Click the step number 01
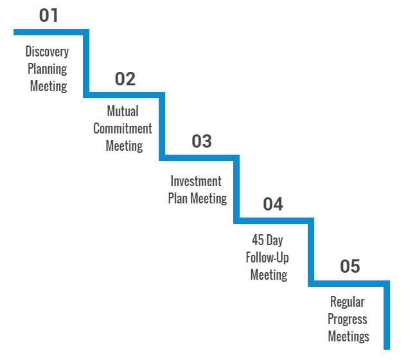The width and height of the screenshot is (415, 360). (x=48, y=15)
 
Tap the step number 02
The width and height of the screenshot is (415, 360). (x=125, y=79)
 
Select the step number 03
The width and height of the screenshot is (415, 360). (x=202, y=141)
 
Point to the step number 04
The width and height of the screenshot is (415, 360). (x=273, y=204)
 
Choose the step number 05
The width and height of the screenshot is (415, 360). (x=350, y=266)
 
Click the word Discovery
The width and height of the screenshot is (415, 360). (x=47, y=52)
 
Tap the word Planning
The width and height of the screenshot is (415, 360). (x=48, y=69)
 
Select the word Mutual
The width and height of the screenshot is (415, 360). (x=123, y=111)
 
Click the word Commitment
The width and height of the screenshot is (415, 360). (x=123, y=129)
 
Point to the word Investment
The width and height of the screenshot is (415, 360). (x=196, y=182)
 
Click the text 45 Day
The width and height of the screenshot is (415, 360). (x=267, y=241)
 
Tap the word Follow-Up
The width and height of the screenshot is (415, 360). (x=267, y=258)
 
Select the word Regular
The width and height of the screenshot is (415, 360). (x=348, y=302)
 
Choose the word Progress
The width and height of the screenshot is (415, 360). (x=348, y=320)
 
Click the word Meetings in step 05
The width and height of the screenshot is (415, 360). (x=349, y=337)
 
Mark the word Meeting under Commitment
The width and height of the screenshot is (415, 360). (x=124, y=146)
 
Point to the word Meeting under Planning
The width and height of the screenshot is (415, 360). (x=48, y=87)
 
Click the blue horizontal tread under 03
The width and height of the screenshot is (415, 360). (x=199, y=158)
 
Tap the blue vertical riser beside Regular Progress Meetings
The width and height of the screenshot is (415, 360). (x=387, y=315)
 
